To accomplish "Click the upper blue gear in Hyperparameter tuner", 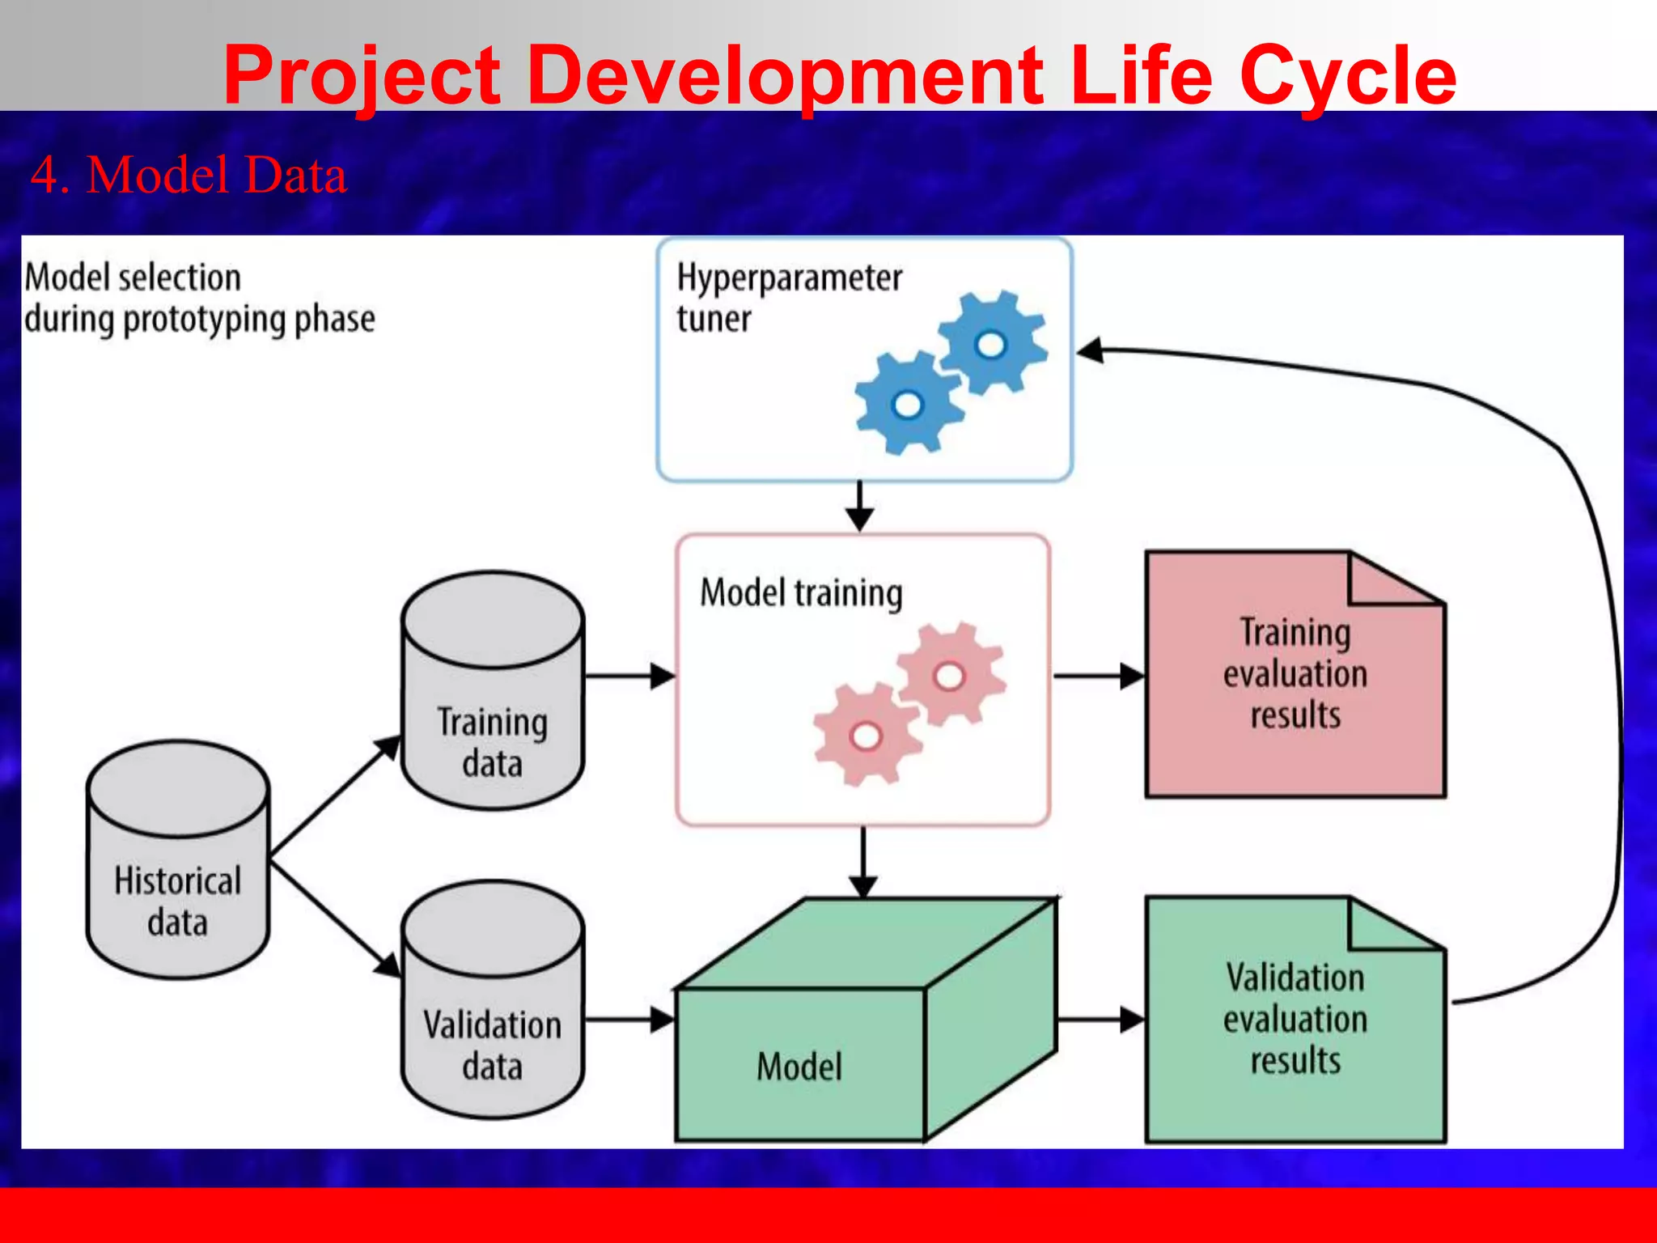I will pos(992,343).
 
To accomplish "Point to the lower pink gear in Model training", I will pos(867,735).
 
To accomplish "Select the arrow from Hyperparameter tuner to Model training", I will pos(859,507).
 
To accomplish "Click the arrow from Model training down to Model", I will pos(863,862).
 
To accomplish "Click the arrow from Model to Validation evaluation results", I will pos(1100,1020).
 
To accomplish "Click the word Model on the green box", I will pos(799,1067).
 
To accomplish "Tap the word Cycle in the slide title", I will pos(1347,76).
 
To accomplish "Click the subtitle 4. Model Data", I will pos(189,175).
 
